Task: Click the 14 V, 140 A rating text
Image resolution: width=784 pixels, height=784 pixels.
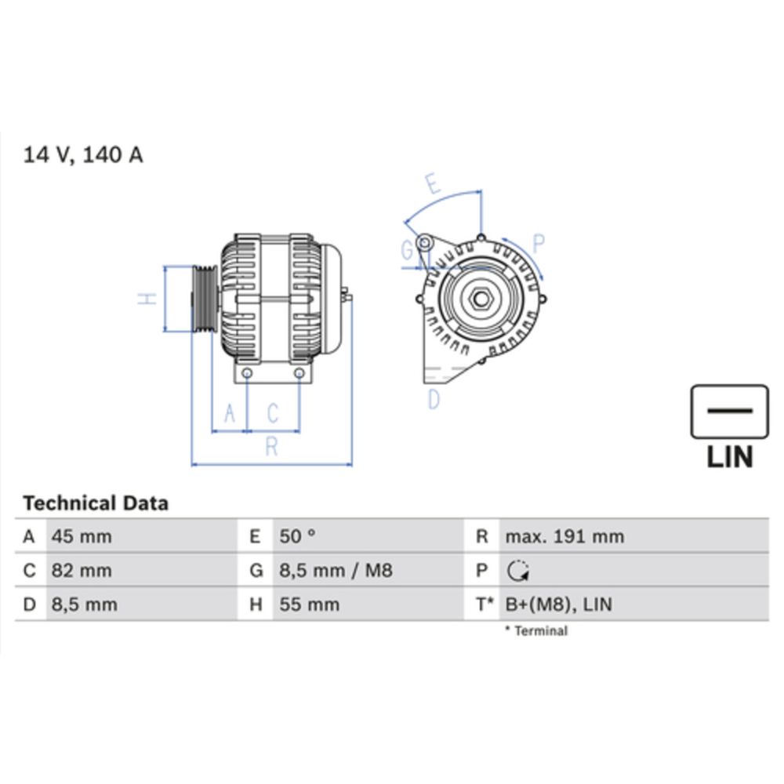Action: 83,154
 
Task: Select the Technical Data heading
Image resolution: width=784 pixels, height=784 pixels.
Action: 95,503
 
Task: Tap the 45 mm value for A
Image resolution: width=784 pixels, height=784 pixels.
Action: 82,537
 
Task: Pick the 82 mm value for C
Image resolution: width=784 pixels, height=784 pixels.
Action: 82,571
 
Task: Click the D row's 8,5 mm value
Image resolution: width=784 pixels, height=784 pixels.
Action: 84,604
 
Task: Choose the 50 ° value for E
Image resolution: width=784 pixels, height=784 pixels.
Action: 297,537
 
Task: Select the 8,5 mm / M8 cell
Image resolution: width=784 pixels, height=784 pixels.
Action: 336,571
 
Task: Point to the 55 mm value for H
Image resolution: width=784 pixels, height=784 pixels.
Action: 310,604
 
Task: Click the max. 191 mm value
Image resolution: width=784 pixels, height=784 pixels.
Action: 564,537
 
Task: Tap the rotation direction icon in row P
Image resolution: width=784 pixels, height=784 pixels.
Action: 518,572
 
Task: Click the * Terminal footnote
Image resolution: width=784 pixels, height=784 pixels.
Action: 536,630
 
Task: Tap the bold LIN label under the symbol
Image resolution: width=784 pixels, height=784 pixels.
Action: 729,456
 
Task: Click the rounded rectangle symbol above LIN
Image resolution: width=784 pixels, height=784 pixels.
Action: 729,411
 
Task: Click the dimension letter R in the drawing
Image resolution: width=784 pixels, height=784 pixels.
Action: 271,447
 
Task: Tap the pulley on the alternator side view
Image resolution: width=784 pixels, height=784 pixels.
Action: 203,299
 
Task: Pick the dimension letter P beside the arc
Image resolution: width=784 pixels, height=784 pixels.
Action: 539,241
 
